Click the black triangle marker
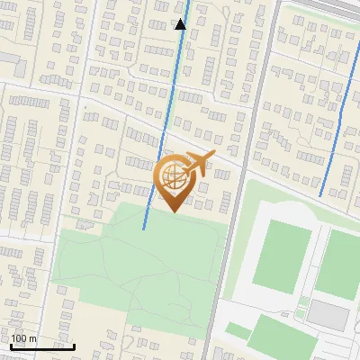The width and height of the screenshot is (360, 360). coord(180,24)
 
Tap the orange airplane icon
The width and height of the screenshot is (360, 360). coord(200,164)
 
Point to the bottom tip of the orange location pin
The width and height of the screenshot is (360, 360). coord(172,212)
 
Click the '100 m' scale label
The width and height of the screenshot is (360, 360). coord(24,338)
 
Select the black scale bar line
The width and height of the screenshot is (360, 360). coord(42,346)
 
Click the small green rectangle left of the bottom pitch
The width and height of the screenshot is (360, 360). coord(237,330)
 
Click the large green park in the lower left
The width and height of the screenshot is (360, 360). coord(135,270)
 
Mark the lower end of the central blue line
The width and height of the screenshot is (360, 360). coord(144,228)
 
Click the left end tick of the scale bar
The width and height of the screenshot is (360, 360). coord(11,345)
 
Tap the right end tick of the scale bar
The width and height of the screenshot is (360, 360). coord(75,345)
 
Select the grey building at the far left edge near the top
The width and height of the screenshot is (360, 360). coord(9,58)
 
